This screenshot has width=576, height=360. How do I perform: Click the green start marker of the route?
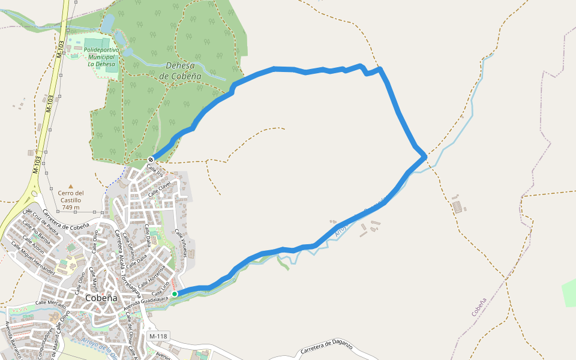coord(175,294)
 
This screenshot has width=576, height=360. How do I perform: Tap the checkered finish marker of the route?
coord(151,159)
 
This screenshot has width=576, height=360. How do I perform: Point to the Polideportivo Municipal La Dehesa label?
coord(101,57)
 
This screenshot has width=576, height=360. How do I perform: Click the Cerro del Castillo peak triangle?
coord(71,187)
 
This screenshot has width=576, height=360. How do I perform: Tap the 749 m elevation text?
coord(71,207)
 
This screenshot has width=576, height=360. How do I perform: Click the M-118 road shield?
coord(157,336)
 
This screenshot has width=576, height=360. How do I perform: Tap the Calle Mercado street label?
coord(50,304)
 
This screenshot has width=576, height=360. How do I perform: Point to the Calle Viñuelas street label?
coord(181,243)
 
